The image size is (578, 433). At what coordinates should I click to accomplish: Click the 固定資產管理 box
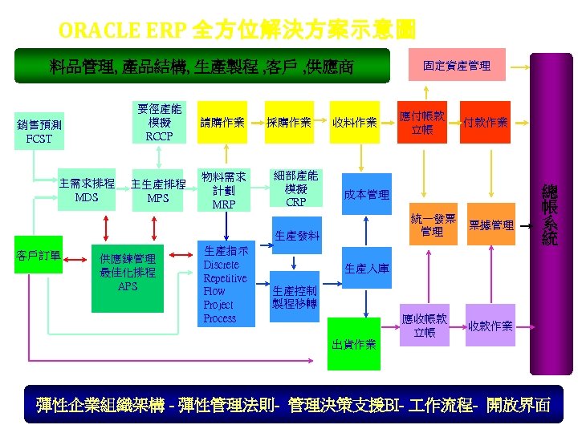[x=456, y=65]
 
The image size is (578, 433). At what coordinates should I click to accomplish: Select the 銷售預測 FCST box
[x=39, y=132]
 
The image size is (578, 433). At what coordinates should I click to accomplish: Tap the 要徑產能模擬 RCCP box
[x=159, y=123]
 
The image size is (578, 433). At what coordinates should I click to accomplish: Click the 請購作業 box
[x=222, y=123]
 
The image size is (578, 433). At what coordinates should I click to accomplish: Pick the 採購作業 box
[x=288, y=123]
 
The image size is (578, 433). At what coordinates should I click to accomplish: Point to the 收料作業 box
[x=354, y=123]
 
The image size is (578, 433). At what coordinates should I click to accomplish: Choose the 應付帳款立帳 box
[x=422, y=123]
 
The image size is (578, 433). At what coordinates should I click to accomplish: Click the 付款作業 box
[x=485, y=123]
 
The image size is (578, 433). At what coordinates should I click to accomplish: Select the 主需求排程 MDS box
[x=87, y=190]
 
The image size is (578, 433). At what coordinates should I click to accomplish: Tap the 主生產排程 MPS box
[x=158, y=190]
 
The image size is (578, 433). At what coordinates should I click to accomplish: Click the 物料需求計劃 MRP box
[x=223, y=190]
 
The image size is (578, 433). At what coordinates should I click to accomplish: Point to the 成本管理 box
[x=366, y=194]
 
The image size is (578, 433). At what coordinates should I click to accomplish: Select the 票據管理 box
[x=490, y=225]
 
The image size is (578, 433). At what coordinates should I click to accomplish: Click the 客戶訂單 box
[x=39, y=256]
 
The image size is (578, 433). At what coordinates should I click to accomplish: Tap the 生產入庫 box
[x=366, y=269]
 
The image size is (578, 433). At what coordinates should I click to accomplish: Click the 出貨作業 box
[x=354, y=344]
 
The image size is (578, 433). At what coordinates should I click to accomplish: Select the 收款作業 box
[x=490, y=326]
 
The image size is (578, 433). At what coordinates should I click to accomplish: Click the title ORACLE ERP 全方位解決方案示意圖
[x=237, y=30]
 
